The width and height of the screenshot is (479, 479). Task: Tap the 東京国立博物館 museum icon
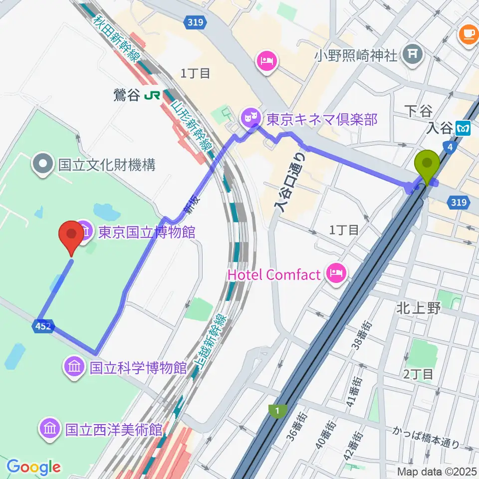[x=84, y=232]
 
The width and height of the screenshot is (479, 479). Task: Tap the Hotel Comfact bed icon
[x=333, y=273]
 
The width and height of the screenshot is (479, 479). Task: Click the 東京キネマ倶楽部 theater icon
[x=248, y=119]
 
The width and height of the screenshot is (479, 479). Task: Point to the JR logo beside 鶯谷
[x=152, y=95]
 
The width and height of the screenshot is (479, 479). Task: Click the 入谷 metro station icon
[x=462, y=129]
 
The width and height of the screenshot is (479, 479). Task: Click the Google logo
[x=33, y=467]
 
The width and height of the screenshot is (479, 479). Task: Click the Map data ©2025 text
[x=436, y=471]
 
